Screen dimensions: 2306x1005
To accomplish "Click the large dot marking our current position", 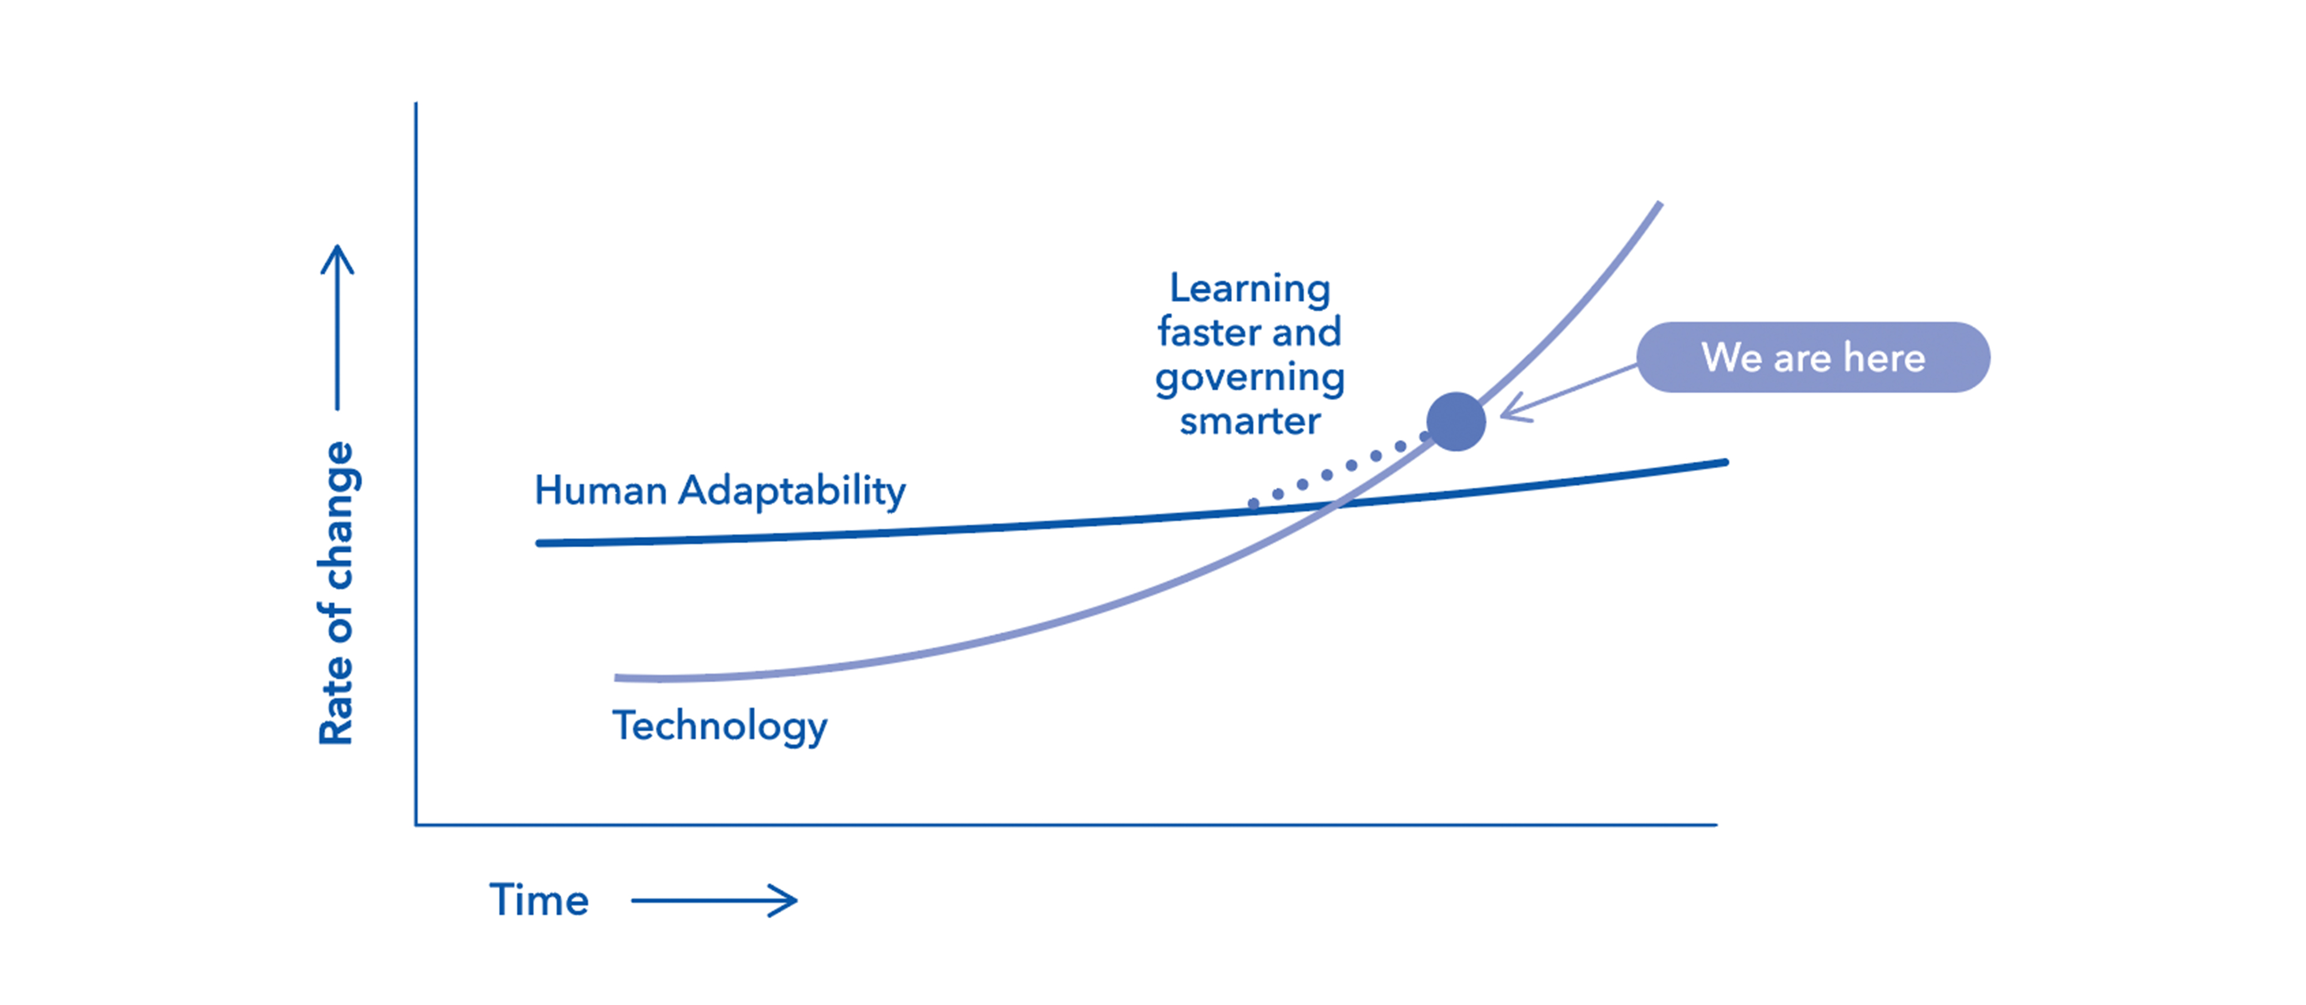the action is [x=1456, y=421].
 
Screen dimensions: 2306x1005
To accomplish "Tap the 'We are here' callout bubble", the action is [x=1813, y=357].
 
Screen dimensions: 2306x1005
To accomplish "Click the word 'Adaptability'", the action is [x=792, y=492].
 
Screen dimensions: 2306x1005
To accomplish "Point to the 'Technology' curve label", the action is [x=720, y=726].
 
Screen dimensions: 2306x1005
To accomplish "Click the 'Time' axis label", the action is [x=539, y=899].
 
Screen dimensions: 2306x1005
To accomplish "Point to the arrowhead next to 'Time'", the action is [x=784, y=900].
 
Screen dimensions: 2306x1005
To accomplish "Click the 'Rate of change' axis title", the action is [x=336, y=593].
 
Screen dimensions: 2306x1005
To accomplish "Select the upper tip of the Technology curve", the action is [x=1660, y=204].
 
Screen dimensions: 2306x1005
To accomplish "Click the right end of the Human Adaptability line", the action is [x=1725, y=462].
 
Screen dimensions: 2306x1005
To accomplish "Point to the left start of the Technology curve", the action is [x=617, y=678].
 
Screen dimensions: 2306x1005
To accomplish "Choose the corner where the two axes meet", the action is [x=416, y=824].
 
